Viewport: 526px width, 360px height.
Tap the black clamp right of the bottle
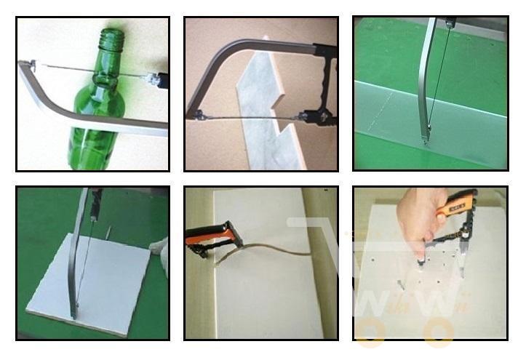159,79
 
